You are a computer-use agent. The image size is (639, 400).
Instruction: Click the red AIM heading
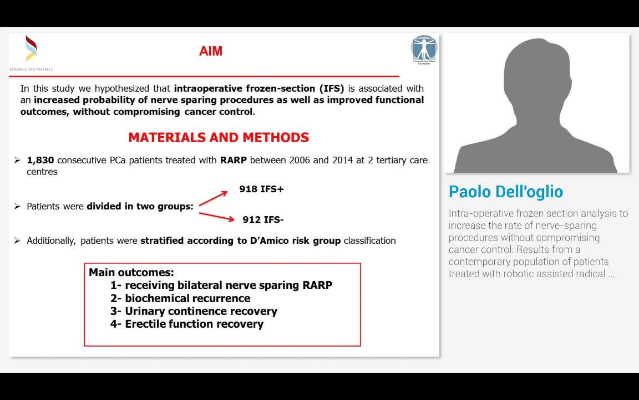(211, 51)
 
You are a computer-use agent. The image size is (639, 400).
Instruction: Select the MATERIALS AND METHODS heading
(219, 137)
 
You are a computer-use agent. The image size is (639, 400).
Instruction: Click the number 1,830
(40, 160)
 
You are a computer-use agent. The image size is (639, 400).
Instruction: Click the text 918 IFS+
(261, 189)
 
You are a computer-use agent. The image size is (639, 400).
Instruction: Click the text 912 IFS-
(263, 219)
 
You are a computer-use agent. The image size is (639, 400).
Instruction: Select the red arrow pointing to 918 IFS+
(213, 198)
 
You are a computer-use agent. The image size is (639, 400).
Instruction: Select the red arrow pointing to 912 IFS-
(216, 216)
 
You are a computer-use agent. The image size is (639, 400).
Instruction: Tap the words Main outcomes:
(131, 273)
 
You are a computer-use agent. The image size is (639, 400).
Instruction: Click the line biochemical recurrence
(187, 298)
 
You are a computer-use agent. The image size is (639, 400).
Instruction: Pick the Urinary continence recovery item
(201, 311)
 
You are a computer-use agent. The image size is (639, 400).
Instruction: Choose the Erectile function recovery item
(194, 324)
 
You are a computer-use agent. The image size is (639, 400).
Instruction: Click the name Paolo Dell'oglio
(505, 192)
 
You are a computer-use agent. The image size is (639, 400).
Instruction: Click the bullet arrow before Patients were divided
(17, 206)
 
